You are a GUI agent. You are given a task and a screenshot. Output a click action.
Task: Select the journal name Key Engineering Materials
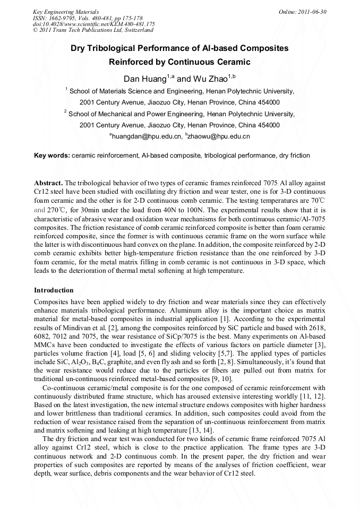pos(66,12)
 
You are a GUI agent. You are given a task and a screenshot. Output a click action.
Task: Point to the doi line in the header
pos(93,24)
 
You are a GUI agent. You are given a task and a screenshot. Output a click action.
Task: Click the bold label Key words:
pos(52,156)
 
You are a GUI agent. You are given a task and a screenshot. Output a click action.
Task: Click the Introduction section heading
pos(54,290)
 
